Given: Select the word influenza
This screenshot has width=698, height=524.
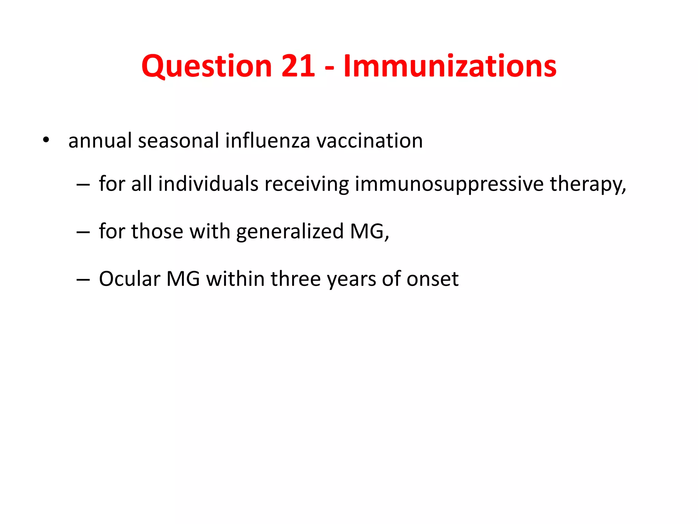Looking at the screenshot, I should tap(268, 140).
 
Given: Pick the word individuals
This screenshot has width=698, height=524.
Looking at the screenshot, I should tap(208, 184).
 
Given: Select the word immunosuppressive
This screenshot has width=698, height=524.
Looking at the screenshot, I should tap(449, 185).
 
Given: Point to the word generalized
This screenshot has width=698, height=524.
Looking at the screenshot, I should tap(290, 232).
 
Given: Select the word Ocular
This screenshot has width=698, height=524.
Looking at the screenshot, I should tap(130, 279).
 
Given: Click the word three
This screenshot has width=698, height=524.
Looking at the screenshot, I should tap(295, 279).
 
